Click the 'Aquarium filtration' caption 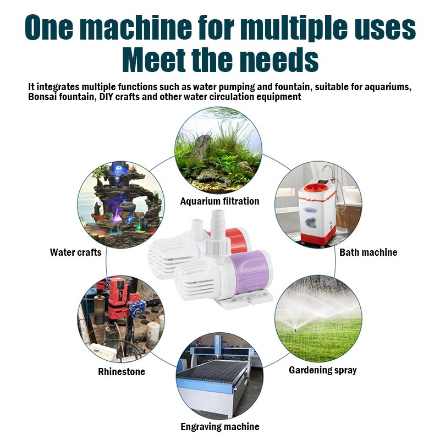[x=219, y=201]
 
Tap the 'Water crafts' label [x=75, y=252]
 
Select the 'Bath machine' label [x=368, y=252]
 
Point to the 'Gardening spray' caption [x=323, y=370]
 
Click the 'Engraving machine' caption [x=219, y=427]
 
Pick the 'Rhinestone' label [x=122, y=372]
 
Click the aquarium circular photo [x=218, y=150]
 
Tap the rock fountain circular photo [x=121, y=205]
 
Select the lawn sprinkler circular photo [x=318, y=319]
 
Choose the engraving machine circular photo [x=219, y=376]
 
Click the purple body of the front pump [x=250, y=270]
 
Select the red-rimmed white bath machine [x=317, y=214]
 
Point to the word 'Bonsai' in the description [x=42, y=97]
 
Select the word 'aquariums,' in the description [x=388, y=87]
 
